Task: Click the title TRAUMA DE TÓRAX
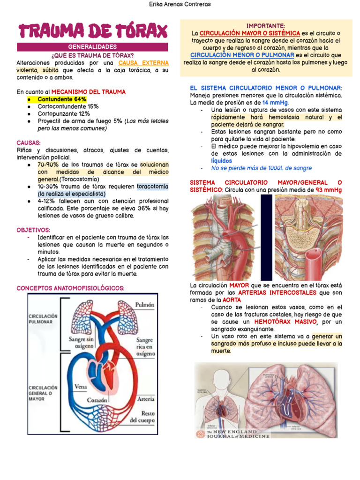coord(92,32)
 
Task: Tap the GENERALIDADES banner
coord(92,47)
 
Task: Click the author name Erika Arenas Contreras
coord(180,4)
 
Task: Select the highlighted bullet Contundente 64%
coord(62,99)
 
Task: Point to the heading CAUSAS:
coord(29,142)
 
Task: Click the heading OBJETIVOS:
coord(33,230)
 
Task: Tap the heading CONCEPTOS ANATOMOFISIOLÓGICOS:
coord(71,288)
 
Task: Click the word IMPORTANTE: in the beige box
coord(266,26)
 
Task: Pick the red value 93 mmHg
coord(328,189)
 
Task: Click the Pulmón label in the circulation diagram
coord(144,305)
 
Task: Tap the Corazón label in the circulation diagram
coord(97,401)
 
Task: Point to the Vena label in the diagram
coord(82,387)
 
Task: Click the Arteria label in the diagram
coord(146,399)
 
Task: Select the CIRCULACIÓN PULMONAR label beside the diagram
coord(43,319)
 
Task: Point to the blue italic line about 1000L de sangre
coord(261,168)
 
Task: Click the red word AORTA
coord(232,300)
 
